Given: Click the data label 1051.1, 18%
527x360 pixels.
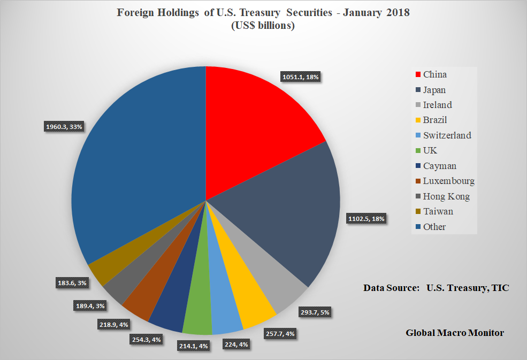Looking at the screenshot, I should [x=300, y=77].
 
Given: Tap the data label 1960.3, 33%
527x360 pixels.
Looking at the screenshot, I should [x=64, y=127].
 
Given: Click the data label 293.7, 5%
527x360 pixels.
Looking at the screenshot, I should [x=315, y=312].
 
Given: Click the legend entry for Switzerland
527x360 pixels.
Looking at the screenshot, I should [x=446, y=135].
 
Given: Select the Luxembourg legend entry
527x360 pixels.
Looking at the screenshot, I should [x=448, y=181].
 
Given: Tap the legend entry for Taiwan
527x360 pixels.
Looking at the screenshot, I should [x=437, y=211].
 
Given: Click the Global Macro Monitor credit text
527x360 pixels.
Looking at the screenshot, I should [x=454, y=333].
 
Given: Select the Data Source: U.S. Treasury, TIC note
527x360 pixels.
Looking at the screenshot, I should [x=436, y=288].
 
